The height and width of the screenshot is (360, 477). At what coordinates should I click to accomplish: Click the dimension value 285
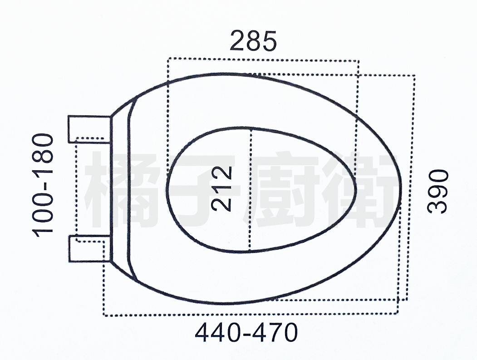pyautogui.click(x=253, y=40)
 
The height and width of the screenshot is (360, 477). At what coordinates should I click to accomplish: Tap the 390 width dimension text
pyautogui.click(x=438, y=192)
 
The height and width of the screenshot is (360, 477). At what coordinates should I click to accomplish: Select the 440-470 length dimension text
pyautogui.click(x=246, y=332)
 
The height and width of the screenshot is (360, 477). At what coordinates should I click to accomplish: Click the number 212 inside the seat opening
pyautogui.click(x=222, y=189)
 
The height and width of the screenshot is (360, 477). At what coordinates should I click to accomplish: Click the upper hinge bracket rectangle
pyautogui.click(x=89, y=129)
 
